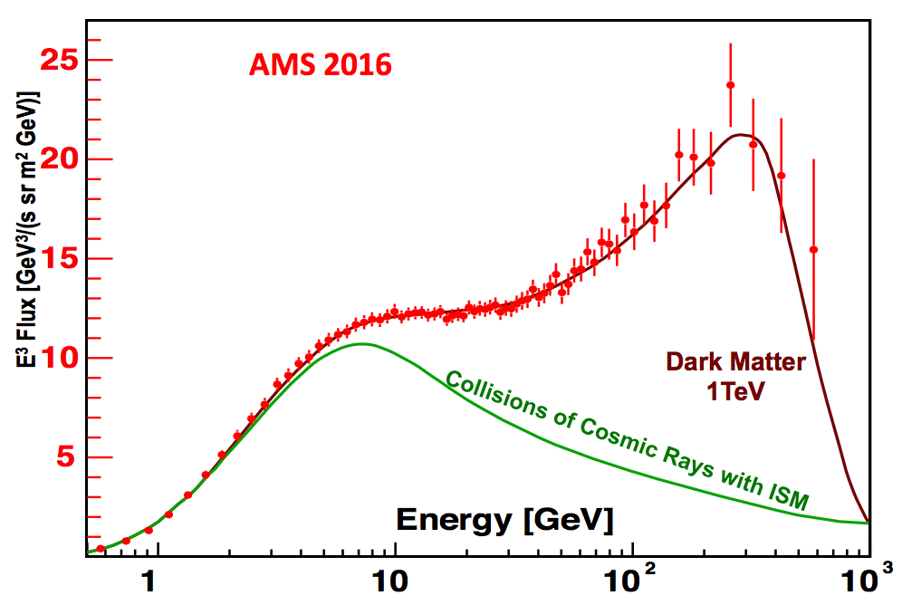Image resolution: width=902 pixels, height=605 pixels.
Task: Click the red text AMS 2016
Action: click(x=321, y=65)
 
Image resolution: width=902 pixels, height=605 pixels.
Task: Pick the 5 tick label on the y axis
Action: click(x=68, y=457)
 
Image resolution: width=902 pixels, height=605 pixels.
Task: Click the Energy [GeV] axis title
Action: click(x=504, y=520)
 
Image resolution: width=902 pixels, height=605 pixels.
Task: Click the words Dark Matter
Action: click(x=735, y=363)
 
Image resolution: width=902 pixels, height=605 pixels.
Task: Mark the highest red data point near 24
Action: click(x=730, y=85)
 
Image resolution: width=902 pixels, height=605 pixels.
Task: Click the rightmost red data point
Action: click(x=813, y=249)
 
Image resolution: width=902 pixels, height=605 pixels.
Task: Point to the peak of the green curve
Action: click(x=362, y=344)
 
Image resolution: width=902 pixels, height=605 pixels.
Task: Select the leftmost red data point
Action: click(x=101, y=549)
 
